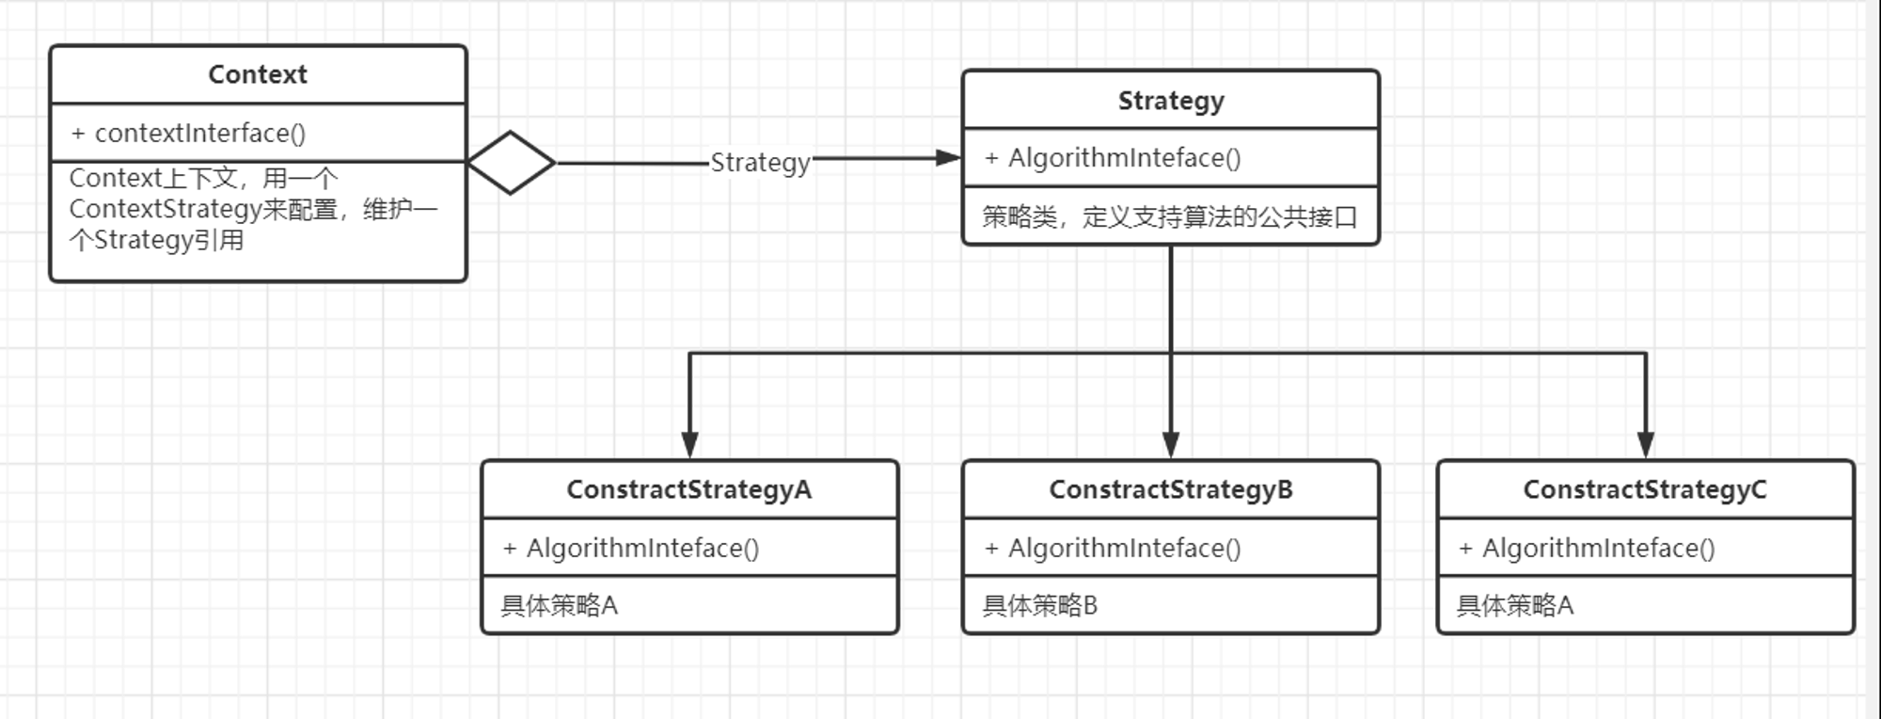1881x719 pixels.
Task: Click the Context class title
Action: pos(258,74)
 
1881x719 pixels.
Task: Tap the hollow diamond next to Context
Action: pos(511,163)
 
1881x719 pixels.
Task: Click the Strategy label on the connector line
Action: pos(760,163)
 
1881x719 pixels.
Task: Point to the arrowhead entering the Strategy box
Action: pos(948,158)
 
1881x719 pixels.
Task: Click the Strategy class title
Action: pos(1171,101)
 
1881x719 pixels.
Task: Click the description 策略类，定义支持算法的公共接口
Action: pos(1170,217)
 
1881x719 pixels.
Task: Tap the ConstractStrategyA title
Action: pos(689,490)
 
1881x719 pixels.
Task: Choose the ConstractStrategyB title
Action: pos(1171,490)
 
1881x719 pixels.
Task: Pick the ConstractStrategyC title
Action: pos(1645,490)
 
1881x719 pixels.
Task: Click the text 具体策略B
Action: pos(1040,605)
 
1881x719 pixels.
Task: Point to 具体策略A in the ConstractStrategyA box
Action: pos(560,605)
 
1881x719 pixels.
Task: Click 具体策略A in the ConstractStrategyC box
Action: pos(1515,605)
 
